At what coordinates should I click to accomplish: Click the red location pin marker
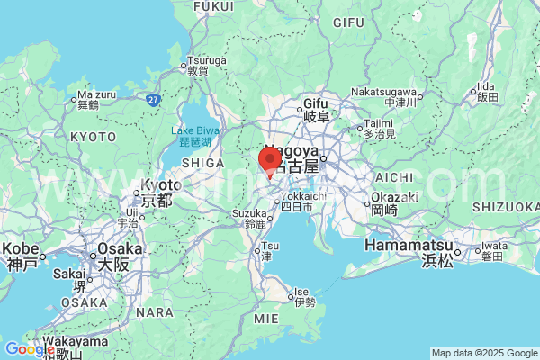(x=270, y=161)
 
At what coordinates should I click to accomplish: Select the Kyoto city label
(x=156, y=193)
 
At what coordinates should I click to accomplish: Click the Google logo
(x=29, y=349)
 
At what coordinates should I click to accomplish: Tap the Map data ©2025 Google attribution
(x=483, y=352)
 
